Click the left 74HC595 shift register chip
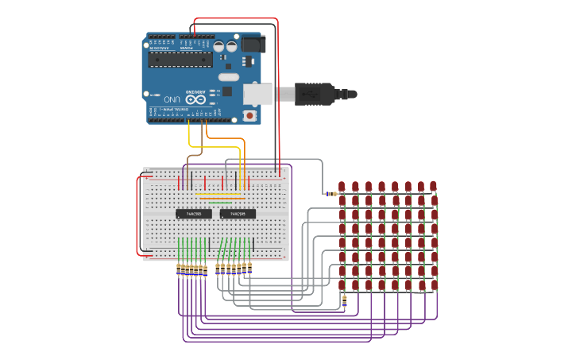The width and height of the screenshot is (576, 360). click(x=193, y=214)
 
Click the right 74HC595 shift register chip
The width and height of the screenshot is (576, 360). click(x=238, y=214)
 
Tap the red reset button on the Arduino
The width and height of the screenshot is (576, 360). click(x=250, y=115)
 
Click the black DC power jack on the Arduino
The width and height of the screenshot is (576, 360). click(x=253, y=44)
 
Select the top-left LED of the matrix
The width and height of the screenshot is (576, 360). click(x=342, y=187)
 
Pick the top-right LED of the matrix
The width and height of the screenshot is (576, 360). click(x=434, y=187)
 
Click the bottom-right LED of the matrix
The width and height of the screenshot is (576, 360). click(x=435, y=285)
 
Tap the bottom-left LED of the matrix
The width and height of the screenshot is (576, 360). click(x=342, y=285)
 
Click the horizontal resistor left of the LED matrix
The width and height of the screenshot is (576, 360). click(x=330, y=194)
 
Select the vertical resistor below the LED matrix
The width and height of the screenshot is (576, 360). click(x=344, y=300)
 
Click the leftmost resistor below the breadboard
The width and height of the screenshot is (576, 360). click(x=179, y=270)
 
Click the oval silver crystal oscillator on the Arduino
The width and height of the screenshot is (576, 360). click(x=228, y=77)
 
